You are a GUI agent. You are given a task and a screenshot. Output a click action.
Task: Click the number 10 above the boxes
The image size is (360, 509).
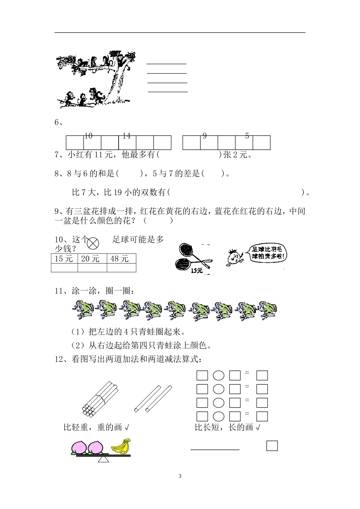(88, 136)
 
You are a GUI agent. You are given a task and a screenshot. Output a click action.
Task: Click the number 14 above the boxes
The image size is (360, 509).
(126, 136)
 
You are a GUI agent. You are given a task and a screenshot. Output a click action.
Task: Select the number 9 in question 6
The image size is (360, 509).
(205, 136)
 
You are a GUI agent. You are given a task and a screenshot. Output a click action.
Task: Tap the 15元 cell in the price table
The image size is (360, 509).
(64, 259)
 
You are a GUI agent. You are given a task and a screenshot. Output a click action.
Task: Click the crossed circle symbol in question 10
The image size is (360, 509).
(93, 243)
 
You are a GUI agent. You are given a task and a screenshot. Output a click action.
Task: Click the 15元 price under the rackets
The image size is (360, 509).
(197, 271)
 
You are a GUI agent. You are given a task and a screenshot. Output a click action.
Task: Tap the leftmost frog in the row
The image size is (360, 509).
(83, 310)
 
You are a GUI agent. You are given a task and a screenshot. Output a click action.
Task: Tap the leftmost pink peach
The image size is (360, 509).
(79, 447)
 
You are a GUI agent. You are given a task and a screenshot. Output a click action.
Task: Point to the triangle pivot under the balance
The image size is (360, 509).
(103, 460)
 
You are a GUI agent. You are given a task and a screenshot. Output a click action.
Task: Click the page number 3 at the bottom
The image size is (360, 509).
(180, 476)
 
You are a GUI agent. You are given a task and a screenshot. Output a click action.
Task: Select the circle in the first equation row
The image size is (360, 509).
(218, 375)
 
